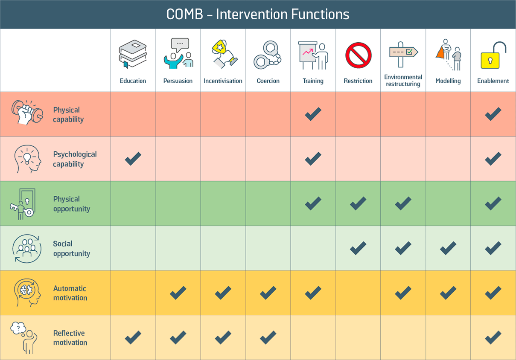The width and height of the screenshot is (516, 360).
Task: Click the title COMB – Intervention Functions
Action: coord(258,15)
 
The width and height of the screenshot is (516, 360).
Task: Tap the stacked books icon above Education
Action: coord(133,54)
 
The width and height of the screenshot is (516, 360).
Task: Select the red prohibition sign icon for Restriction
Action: coord(358,55)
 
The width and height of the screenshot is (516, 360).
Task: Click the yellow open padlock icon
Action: coord(493,55)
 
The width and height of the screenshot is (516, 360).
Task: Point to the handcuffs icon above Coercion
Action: coord(268,55)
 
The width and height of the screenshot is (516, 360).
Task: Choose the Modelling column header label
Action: coord(448,81)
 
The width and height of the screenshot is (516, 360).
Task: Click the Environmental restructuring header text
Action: coord(403,81)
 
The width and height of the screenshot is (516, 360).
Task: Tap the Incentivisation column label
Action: coord(223,81)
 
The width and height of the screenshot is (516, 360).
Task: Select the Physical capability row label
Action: coord(68,115)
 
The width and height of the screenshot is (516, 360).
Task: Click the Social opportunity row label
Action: coord(71,249)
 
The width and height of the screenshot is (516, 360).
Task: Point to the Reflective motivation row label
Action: coord(70,338)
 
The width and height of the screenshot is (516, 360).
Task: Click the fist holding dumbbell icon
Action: coord(27,113)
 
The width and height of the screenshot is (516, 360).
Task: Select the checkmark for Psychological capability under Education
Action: coord(133,159)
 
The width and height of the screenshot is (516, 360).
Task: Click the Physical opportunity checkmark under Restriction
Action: coord(358,203)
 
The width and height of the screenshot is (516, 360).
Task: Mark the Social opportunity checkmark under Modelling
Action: coord(448,248)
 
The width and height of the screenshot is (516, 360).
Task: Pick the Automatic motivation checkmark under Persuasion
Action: coord(178,293)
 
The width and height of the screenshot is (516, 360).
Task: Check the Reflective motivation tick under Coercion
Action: coord(268,338)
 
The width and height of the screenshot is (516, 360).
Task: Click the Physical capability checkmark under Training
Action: coord(313,114)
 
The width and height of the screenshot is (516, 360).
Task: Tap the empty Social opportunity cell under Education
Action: coord(133,248)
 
